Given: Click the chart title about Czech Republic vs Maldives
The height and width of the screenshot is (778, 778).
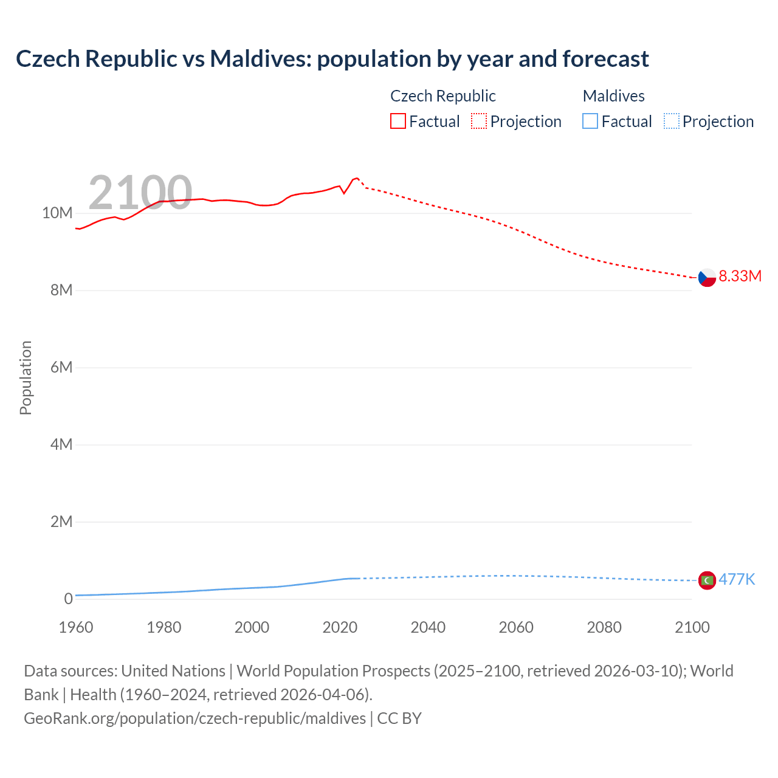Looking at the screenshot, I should [x=332, y=59].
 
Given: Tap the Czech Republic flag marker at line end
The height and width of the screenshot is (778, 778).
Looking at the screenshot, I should [x=706, y=277].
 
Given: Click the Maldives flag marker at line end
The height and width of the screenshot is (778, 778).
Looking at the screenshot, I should [x=706, y=580].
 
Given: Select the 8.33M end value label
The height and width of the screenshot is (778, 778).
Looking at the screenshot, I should [x=740, y=276].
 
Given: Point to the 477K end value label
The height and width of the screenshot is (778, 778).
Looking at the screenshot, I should [x=737, y=579].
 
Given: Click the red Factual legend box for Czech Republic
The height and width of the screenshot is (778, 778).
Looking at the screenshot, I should [x=398, y=122].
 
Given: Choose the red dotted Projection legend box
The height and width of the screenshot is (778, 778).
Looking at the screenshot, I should [x=479, y=122].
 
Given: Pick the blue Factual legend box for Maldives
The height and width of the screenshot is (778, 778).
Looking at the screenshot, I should [x=590, y=122].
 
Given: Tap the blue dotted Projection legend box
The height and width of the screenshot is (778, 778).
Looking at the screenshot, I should [x=671, y=122].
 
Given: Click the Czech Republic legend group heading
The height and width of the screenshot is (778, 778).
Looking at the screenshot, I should [x=442, y=96].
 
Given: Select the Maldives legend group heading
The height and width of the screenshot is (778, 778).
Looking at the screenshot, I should [x=613, y=96].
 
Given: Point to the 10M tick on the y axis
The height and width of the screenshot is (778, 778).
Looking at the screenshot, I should [x=57, y=213].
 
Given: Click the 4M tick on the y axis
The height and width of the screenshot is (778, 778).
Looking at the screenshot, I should [x=61, y=445].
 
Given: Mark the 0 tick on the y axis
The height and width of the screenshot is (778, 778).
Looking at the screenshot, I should [x=68, y=599].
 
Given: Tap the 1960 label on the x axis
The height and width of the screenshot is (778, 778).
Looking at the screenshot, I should [x=76, y=627].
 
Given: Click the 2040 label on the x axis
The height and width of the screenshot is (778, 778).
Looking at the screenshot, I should [x=428, y=627].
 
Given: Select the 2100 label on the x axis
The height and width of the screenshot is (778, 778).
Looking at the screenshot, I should [x=692, y=627].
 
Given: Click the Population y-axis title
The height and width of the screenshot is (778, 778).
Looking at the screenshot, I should [x=26, y=377].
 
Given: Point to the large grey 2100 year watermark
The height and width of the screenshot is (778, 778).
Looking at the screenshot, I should [x=140, y=193].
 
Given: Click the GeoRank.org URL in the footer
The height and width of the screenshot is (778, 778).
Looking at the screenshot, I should [x=194, y=718].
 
